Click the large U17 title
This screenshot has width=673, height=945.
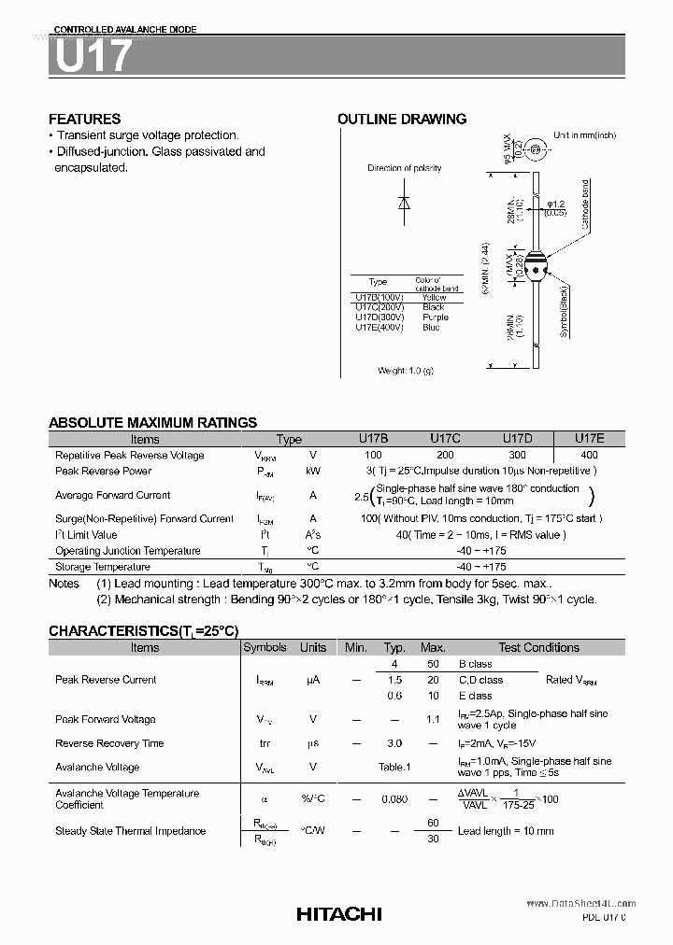pos(93,58)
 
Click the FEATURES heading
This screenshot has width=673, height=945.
pos(84,119)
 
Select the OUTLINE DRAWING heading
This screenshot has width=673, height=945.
pos(402,119)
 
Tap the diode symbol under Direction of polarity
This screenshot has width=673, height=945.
pos(404,203)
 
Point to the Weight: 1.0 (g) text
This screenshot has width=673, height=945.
pos(406,371)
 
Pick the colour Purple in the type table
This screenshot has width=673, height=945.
pos(435,317)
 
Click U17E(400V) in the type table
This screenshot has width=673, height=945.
pos(379,328)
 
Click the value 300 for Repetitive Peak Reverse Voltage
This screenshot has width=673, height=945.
pos(517,455)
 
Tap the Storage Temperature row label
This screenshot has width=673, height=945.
pos(102,567)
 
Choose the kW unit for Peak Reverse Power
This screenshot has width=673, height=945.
pos(313,472)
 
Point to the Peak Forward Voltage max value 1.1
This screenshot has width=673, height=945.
pos(432,720)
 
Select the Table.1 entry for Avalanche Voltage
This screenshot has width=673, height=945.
pos(394,768)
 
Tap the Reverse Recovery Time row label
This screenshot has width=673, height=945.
pos(109,743)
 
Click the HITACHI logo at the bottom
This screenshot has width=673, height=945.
pos(339,915)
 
